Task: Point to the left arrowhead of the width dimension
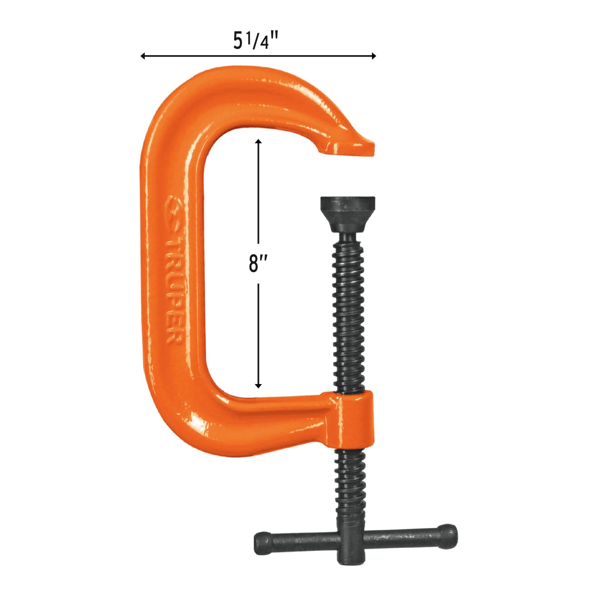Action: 143,56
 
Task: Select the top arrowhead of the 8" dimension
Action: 258,141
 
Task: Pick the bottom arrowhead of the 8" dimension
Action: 258,385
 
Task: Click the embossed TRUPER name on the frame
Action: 173,292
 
